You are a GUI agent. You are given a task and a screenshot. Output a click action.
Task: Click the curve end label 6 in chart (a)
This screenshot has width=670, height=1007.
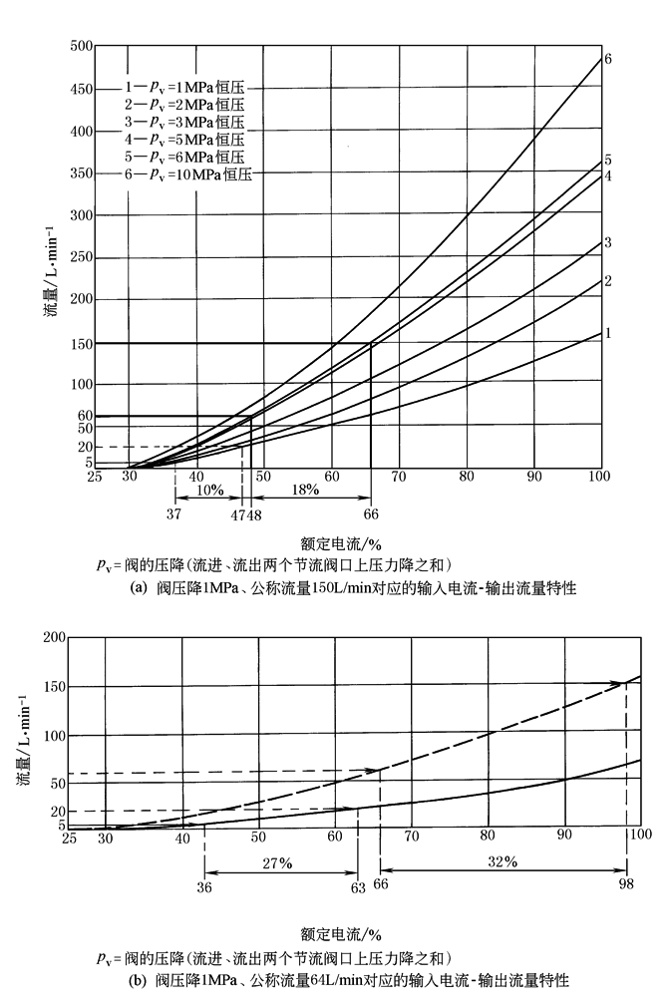(607, 59)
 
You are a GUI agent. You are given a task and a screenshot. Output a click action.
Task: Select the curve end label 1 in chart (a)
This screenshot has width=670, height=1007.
(607, 334)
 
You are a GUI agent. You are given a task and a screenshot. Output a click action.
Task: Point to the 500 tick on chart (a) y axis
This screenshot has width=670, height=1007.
(81, 47)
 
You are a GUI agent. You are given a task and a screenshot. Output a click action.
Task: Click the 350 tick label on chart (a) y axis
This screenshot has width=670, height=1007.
(81, 173)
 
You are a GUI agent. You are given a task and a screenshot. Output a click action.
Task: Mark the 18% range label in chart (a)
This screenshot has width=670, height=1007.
(305, 491)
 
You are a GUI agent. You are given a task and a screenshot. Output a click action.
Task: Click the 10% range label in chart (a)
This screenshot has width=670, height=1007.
(208, 491)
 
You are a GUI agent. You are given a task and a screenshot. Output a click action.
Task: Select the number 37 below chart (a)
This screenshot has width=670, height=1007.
(175, 514)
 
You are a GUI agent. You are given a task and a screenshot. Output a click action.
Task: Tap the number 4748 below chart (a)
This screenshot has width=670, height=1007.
(246, 514)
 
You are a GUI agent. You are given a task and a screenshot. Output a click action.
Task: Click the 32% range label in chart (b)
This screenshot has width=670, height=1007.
(502, 860)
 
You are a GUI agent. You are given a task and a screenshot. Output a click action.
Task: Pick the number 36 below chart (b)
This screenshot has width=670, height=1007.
(205, 885)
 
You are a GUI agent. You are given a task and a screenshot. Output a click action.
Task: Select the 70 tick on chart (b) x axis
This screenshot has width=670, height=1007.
(411, 834)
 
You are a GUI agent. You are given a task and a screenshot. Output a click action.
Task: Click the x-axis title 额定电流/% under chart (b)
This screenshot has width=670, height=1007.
(340, 934)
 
